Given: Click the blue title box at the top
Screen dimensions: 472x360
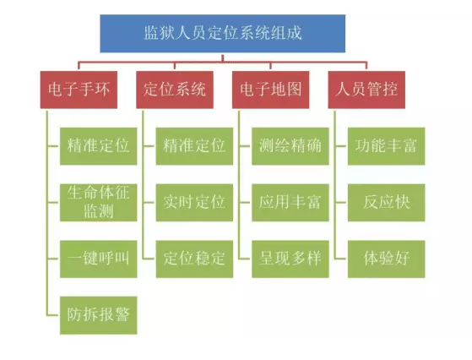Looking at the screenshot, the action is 223,34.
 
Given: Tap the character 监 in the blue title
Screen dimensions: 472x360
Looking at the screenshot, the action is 152,33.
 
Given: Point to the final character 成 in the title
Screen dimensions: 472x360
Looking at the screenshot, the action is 294,33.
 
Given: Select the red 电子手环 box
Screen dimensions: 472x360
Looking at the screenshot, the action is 79,90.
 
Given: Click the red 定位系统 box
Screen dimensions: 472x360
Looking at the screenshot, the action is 175,90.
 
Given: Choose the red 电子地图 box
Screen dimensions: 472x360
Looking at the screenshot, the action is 270,90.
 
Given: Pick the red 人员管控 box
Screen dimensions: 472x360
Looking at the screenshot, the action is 366,90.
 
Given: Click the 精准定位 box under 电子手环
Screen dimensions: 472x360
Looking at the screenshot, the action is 99,146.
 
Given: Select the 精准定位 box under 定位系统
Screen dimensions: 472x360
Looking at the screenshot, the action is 194,146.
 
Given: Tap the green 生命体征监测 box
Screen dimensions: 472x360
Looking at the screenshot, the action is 99,203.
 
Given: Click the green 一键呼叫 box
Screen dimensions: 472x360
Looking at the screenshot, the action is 99,259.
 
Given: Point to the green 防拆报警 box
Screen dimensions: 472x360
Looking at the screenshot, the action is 99,315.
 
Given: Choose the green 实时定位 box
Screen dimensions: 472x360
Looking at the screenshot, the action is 194,203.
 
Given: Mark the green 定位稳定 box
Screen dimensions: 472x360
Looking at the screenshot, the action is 194,259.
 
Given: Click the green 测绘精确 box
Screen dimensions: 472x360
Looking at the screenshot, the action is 290,146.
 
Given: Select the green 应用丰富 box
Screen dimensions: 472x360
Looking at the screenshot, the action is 290,203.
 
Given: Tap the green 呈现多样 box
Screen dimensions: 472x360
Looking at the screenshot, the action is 290,259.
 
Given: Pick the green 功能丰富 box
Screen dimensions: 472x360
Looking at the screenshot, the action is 387,146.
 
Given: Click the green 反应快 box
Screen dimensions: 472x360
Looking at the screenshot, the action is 387,203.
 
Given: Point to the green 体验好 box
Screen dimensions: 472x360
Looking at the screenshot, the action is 387,259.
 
